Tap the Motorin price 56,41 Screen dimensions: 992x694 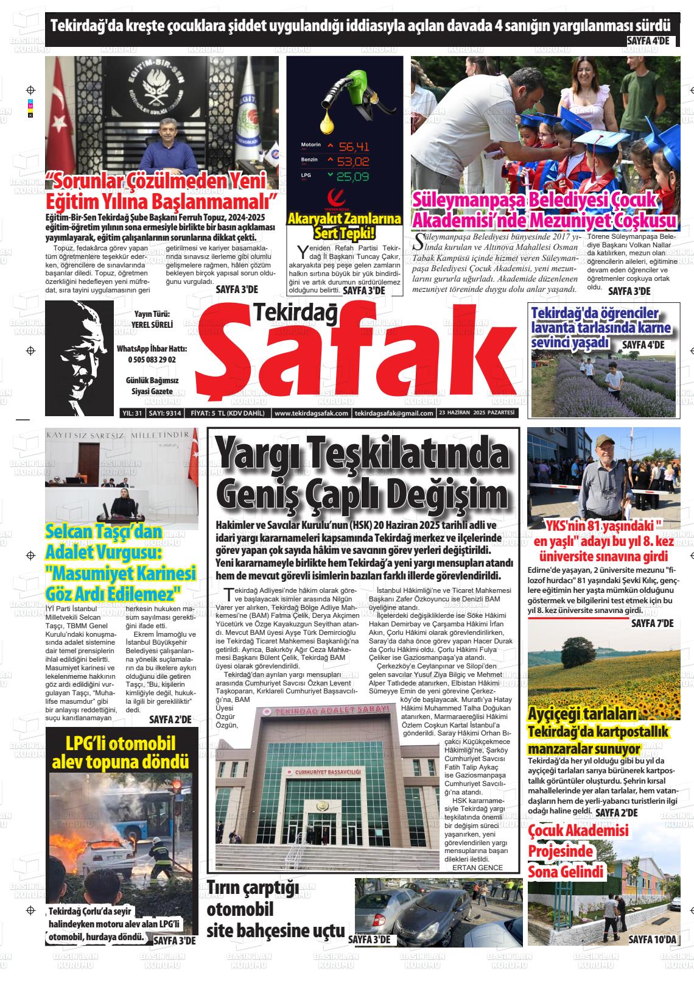[354, 147]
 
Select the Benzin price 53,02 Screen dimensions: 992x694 [354, 161]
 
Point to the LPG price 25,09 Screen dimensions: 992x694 [353, 177]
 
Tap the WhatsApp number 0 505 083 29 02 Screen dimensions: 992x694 [152, 360]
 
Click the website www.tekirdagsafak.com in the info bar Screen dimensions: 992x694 [310, 413]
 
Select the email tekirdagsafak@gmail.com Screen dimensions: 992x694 [393, 413]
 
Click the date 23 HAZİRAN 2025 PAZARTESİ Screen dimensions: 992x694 [477, 413]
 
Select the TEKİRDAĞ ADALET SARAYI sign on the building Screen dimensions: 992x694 [332, 711]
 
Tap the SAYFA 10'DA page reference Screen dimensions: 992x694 [652, 940]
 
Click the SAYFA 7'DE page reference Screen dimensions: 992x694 [652, 623]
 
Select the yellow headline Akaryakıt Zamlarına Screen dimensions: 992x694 [344, 219]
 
